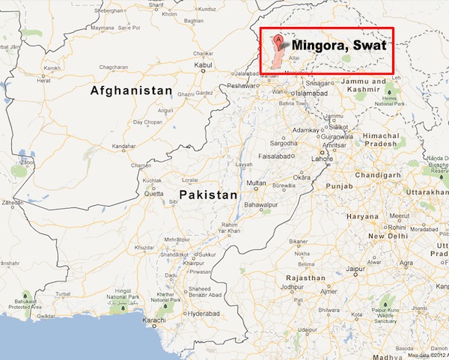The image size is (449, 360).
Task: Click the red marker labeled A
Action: tap(279, 39)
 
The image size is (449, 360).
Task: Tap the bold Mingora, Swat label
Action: tap(338, 46)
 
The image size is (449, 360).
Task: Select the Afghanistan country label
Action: tap(131, 91)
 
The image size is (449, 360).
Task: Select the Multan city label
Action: tap(257, 183)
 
